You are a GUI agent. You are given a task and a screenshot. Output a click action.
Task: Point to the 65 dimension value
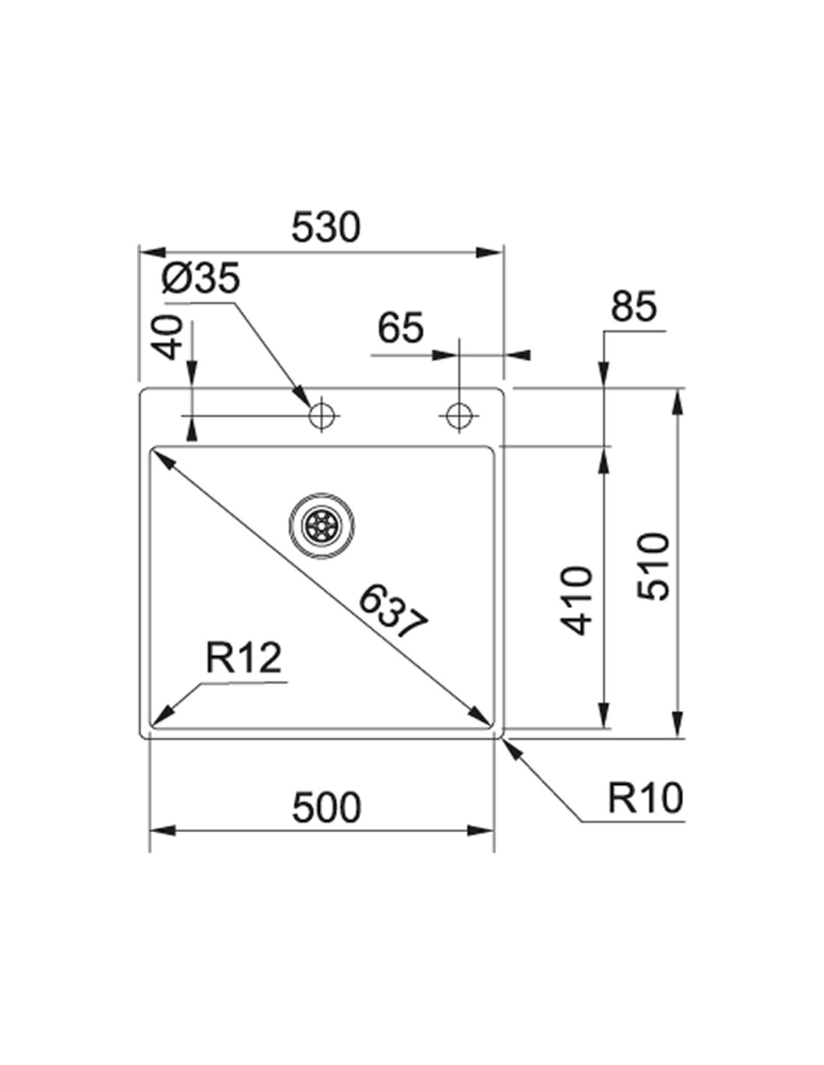(x=400, y=327)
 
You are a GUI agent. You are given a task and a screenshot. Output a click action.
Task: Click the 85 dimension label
(x=633, y=306)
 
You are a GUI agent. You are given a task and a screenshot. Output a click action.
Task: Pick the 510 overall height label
(x=652, y=565)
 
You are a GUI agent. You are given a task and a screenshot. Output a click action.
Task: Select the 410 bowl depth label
(x=577, y=601)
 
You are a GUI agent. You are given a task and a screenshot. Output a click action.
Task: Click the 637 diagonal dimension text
(x=391, y=612)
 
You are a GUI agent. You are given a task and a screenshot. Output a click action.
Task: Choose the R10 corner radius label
(x=645, y=798)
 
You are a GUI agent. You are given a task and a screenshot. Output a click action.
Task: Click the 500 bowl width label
(x=326, y=807)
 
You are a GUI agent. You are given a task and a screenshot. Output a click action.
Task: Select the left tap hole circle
(x=323, y=413)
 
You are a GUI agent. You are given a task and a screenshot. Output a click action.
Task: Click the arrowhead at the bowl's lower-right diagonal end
(x=481, y=716)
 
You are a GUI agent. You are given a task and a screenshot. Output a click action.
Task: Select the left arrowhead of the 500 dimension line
(x=162, y=831)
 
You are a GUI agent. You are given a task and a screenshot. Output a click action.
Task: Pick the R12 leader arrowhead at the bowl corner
(x=161, y=718)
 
